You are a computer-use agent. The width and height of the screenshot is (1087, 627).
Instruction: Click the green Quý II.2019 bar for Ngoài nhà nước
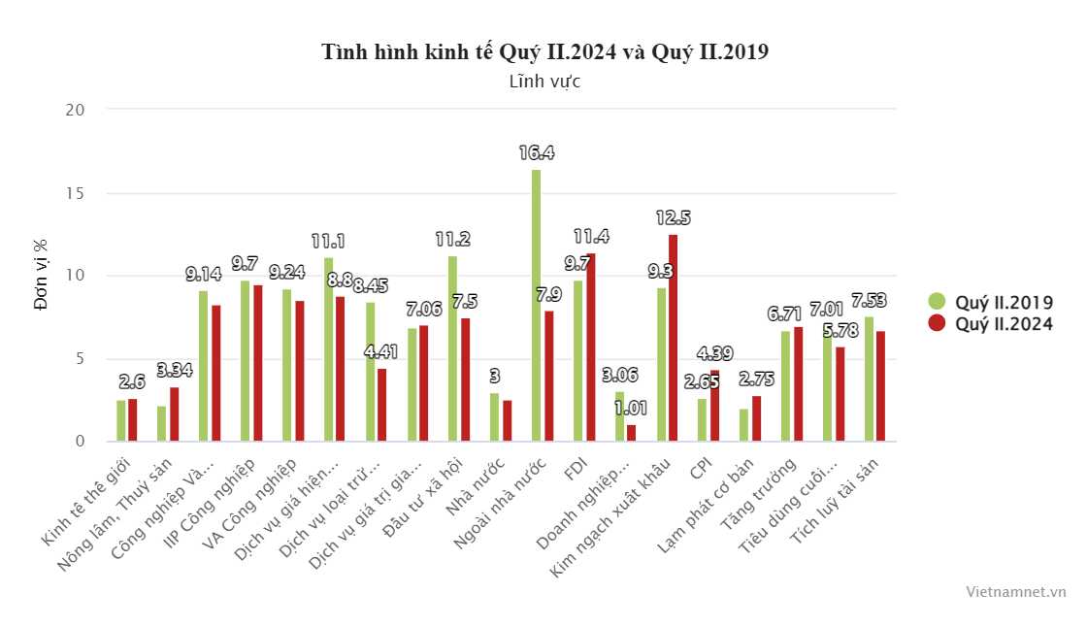pyautogui.click(x=536, y=306)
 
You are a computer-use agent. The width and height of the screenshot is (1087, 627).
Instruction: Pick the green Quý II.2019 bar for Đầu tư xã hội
pyautogui.click(x=452, y=348)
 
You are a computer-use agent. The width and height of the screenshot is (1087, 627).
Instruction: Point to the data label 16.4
pyautogui.click(x=536, y=152)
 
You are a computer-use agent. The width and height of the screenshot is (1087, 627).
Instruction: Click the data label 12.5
pyautogui.click(x=673, y=217)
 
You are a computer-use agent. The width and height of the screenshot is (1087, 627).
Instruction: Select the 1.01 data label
pyautogui.click(x=632, y=408)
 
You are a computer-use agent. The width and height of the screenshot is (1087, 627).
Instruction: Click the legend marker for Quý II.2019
pyautogui.click(x=937, y=301)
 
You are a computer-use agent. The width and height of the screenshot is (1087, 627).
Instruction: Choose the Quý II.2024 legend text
pyautogui.click(x=1004, y=323)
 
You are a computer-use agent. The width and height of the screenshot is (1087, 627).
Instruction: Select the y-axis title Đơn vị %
pyautogui.click(x=41, y=276)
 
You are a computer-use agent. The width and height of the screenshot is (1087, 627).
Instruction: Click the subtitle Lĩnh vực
pyautogui.click(x=544, y=82)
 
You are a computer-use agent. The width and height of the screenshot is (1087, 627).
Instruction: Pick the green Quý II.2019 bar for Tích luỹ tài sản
pyautogui.click(x=869, y=379)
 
